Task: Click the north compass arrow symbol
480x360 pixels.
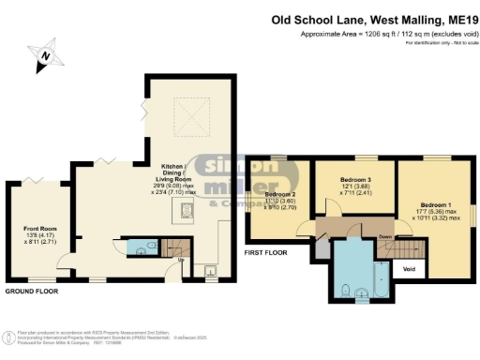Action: point(44,58)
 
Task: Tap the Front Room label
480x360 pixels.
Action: point(39,228)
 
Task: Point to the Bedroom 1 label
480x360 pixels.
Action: point(434,204)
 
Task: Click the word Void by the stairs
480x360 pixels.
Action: point(408,269)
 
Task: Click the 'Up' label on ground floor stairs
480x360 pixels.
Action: point(180,261)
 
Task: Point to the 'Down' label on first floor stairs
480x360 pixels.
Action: point(384,237)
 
